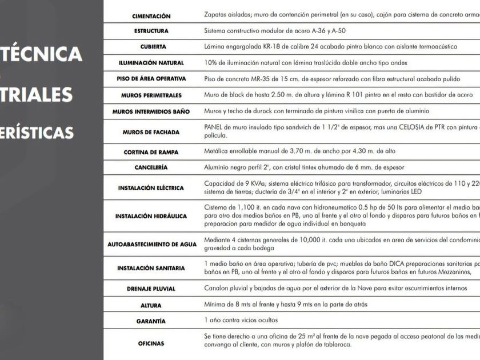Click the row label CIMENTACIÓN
[x=151, y=16]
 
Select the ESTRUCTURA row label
[x=151, y=31]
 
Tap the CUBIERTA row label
[x=152, y=47]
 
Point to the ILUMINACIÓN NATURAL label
[x=151, y=63]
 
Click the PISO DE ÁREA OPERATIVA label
[x=151, y=79]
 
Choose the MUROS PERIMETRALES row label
[x=151, y=95]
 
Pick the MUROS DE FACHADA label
[x=151, y=132]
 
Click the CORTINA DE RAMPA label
[x=151, y=152]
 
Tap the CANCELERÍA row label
[x=151, y=167]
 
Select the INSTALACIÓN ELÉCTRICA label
[x=151, y=187]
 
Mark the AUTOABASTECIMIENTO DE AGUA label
[x=152, y=245]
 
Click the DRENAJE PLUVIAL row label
[x=151, y=289]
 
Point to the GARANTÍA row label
[x=151, y=321]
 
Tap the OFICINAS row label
[x=151, y=344]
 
